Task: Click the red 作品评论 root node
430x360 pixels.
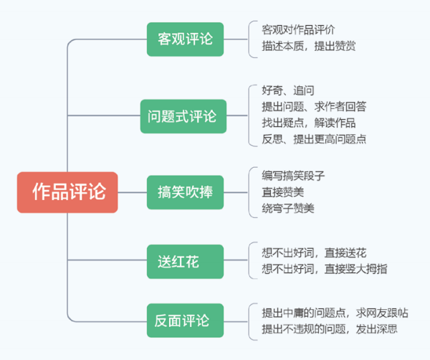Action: [67, 191]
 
